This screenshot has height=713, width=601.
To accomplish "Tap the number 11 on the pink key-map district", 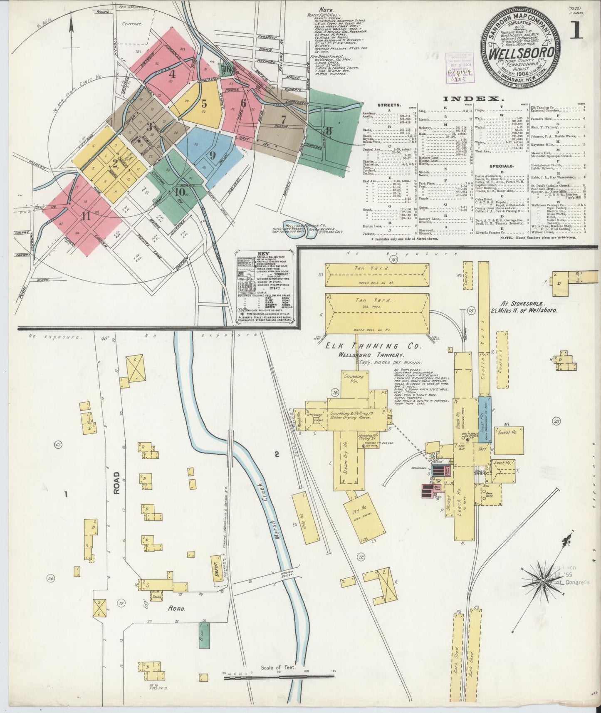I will (x=86, y=216).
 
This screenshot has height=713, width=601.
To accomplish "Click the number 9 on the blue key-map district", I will (x=212, y=156).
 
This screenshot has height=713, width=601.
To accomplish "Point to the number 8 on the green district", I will (x=329, y=130).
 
